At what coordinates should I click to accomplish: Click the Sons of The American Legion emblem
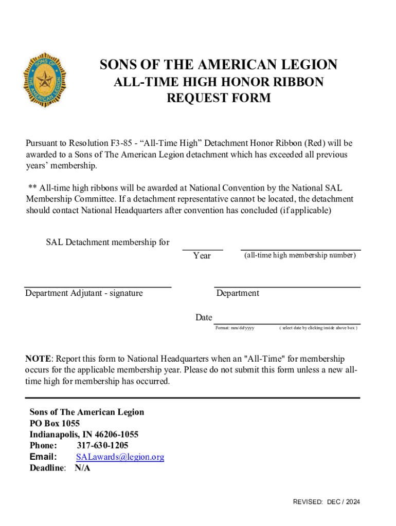(45, 80)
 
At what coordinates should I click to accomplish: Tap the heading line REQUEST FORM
(219, 98)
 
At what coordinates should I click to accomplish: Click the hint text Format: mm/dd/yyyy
(235, 328)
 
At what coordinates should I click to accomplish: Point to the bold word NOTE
(38, 359)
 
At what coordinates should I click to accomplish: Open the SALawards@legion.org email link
(120, 457)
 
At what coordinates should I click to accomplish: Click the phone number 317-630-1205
(103, 445)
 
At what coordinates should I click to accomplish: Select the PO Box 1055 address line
(55, 423)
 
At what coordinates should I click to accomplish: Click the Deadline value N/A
(82, 468)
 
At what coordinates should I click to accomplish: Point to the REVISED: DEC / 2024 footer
(326, 502)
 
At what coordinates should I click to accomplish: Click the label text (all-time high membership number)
(299, 255)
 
